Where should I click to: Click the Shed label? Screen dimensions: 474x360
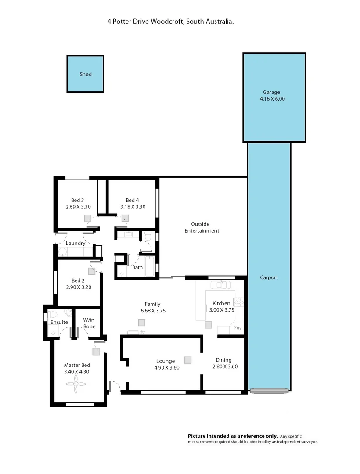(x=86, y=74)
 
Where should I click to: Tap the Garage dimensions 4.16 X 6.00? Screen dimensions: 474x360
(x=272, y=99)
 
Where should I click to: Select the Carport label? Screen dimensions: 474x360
(x=269, y=277)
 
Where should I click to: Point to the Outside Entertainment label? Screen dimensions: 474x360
(x=202, y=227)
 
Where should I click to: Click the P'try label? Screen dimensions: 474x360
(x=237, y=328)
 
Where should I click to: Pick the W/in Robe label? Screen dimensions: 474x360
(x=90, y=323)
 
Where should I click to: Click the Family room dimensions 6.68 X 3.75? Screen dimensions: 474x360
(x=152, y=311)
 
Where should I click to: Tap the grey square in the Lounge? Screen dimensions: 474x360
(x=188, y=360)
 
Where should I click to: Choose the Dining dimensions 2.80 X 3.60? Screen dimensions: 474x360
(x=225, y=366)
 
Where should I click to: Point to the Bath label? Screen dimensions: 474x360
(x=137, y=267)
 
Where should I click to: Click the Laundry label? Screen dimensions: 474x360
(x=76, y=243)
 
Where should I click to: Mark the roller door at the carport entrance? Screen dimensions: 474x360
(x=268, y=390)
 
